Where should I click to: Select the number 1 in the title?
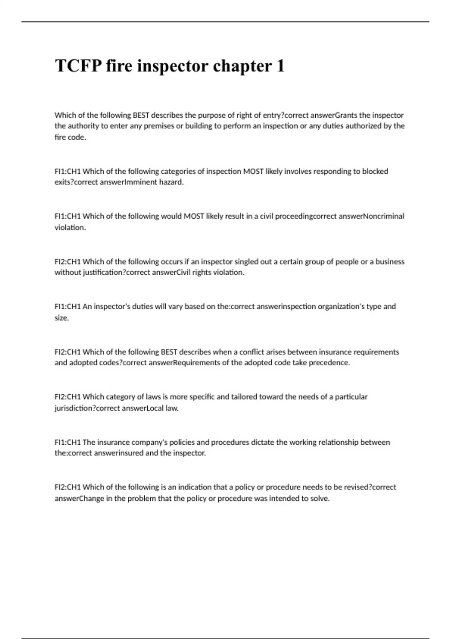[x=280, y=66]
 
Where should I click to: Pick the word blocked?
[x=375, y=171]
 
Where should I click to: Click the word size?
[x=61, y=318]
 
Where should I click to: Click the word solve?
[x=319, y=498]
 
